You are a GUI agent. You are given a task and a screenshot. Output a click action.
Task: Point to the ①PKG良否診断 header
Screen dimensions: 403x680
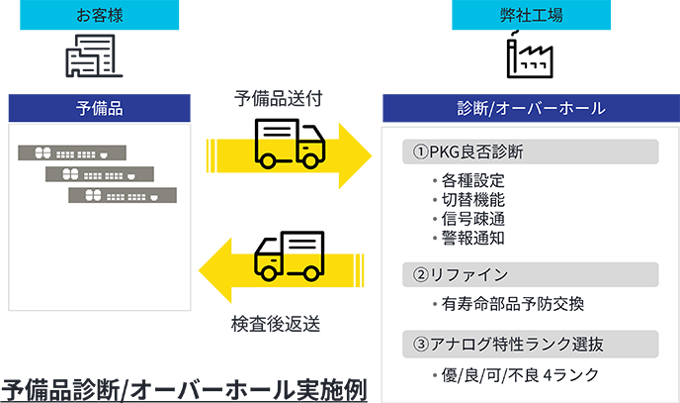point(469,152)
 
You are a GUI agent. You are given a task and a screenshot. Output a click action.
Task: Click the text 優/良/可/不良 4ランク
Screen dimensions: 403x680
point(510,376)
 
